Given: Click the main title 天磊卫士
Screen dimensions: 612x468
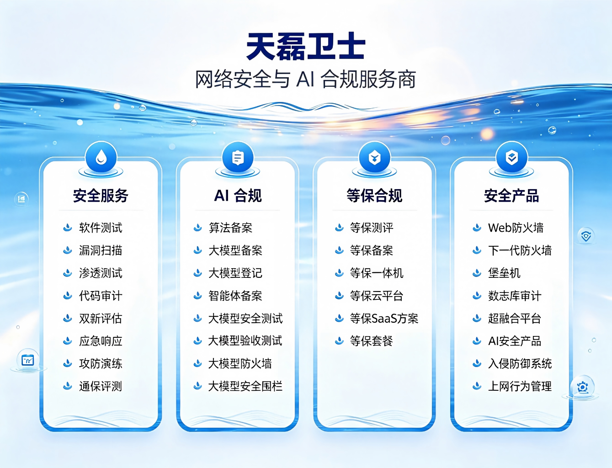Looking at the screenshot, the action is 306,46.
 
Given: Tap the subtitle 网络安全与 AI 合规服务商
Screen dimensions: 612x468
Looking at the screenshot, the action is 306,80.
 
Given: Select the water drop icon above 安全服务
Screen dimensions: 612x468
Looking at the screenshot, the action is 101,158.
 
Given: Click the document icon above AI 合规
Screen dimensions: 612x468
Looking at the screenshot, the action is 238,158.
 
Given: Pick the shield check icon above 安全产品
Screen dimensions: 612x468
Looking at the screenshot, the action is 511,158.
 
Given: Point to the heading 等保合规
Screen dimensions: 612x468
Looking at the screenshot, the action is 374,196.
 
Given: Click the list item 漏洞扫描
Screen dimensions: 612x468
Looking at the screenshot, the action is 101,250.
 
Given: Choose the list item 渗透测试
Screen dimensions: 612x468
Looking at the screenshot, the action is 101,273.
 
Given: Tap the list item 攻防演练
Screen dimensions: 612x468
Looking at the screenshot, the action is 101,363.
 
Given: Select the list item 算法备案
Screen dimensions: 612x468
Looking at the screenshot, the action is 230,228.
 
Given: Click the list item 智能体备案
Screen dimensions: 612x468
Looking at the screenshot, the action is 235,296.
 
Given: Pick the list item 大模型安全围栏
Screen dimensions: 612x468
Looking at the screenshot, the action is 245,386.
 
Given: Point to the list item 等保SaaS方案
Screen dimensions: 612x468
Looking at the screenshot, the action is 384,318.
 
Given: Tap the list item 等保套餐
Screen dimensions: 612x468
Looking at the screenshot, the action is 372,341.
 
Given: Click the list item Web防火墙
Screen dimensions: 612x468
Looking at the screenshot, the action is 516,228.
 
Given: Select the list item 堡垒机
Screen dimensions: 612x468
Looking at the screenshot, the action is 504,273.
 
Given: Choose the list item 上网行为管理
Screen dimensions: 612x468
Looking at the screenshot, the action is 520,386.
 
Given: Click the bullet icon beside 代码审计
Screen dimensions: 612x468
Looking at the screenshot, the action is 68,295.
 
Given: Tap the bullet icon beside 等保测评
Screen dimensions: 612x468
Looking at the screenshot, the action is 339,227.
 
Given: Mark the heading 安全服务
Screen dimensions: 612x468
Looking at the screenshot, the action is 101,196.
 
